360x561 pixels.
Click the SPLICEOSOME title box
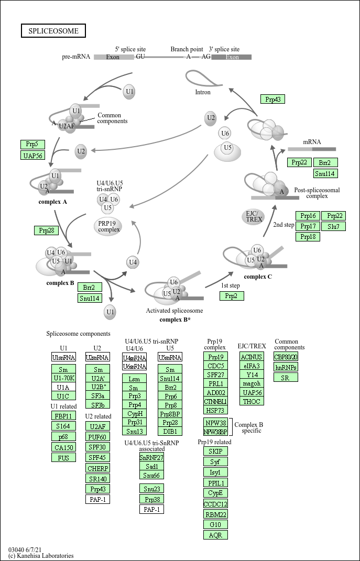click(x=53, y=31)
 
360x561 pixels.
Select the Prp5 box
click(x=32, y=144)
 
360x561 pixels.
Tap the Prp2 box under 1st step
click(x=232, y=296)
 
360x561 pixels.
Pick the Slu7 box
click(x=333, y=226)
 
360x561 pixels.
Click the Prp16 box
click(x=308, y=216)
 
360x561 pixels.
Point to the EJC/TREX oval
click(x=254, y=216)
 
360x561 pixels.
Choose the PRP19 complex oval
click(x=108, y=226)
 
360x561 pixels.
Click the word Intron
click(x=203, y=92)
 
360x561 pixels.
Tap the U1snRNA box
click(x=64, y=357)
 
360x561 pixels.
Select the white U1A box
click(x=64, y=387)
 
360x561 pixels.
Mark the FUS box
click(x=64, y=457)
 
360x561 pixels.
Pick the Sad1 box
click(x=151, y=466)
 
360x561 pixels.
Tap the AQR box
click(x=215, y=535)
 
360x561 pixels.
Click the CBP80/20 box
click(x=286, y=357)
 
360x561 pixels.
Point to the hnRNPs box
click(x=286, y=367)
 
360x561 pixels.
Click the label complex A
click(x=52, y=201)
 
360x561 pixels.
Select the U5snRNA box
click(x=170, y=357)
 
